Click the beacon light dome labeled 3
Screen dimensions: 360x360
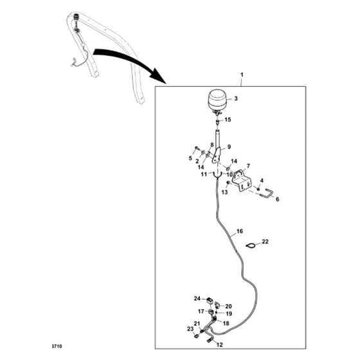(217, 100)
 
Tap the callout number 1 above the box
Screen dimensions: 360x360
(242, 75)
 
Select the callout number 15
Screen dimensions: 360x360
(228, 120)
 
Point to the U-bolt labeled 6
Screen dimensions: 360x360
(267, 192)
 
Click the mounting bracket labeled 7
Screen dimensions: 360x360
(242, 181)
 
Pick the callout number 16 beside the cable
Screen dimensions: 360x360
(239, 231)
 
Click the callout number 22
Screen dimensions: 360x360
(265, 242)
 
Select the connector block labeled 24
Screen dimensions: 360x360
(210, 300)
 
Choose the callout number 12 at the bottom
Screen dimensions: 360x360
(220, 345)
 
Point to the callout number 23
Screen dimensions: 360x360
(190, 329)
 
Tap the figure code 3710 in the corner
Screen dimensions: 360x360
(57, 346)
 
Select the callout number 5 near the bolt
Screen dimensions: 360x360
(190, 158)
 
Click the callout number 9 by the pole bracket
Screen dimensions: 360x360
(229, 147)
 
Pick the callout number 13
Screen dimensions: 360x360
(224, 192)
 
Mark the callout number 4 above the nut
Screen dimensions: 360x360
(262, 181)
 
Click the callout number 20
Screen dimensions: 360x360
(228, 306)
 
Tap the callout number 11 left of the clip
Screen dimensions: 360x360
(204, 174)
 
